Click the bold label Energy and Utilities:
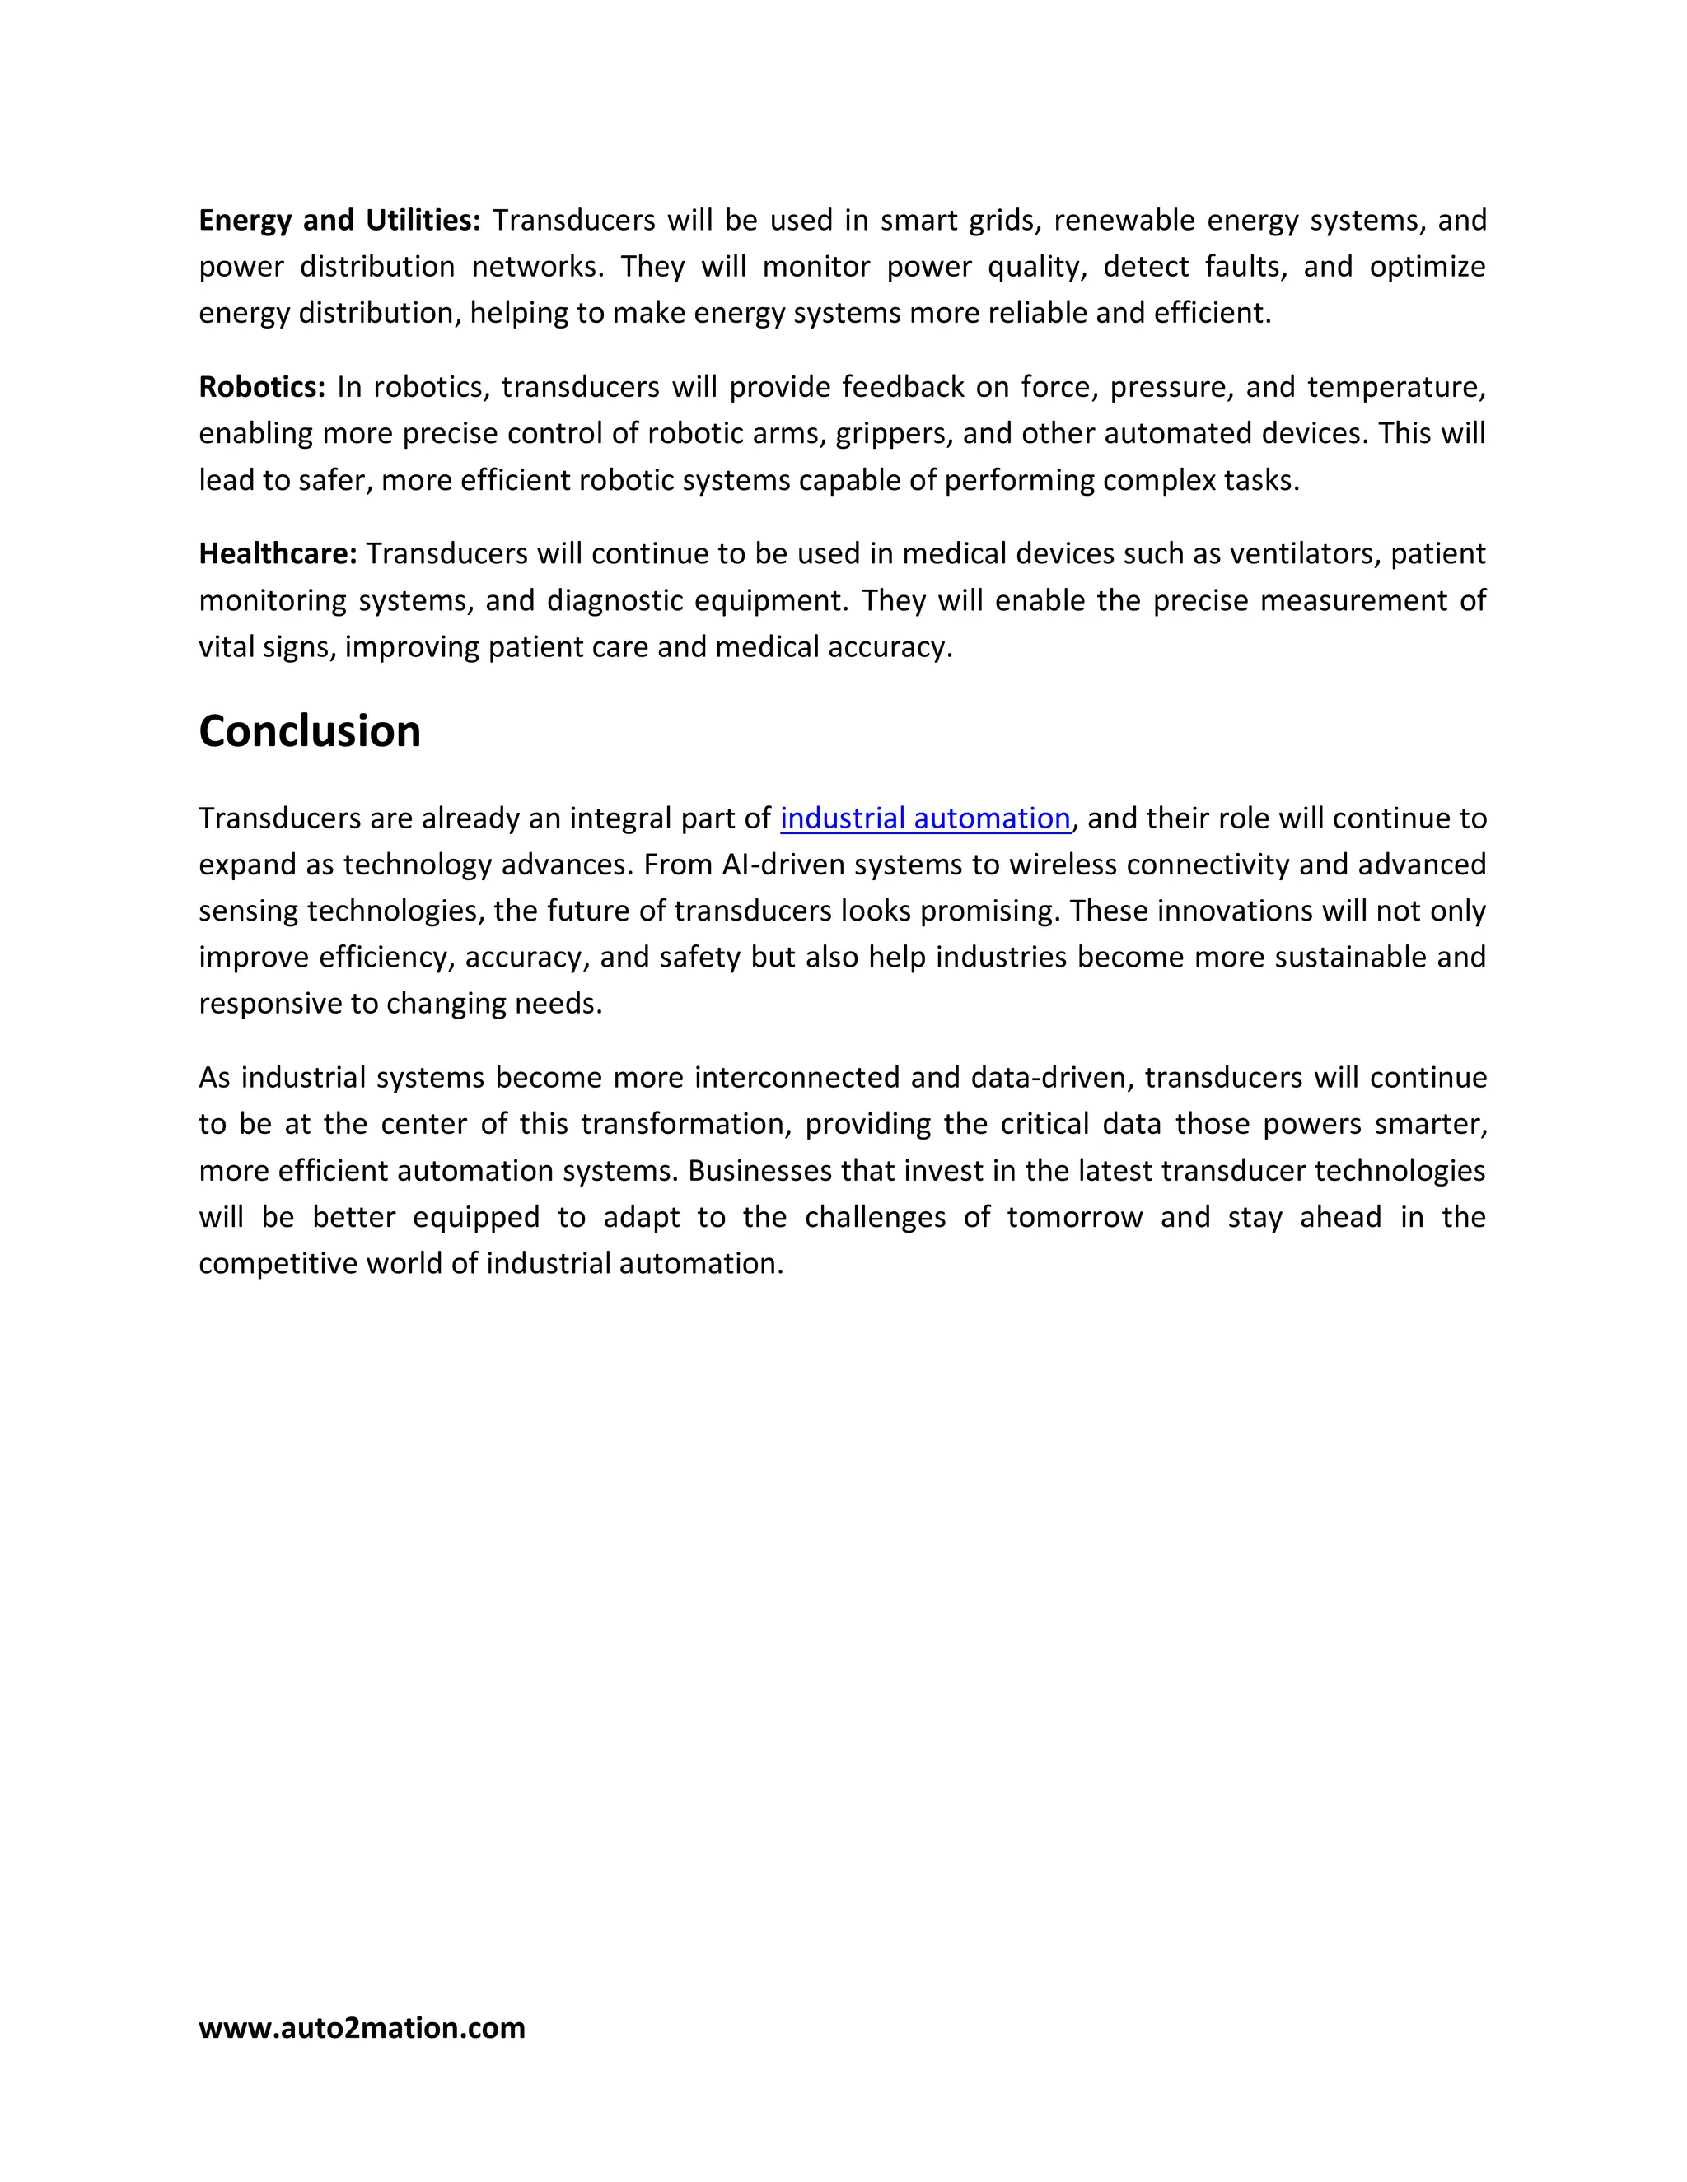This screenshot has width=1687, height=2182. coord(340,220)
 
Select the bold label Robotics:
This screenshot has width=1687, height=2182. coord(262,387)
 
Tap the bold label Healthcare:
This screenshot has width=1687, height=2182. coord(278,553)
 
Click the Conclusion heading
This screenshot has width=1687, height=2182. coord(310,731)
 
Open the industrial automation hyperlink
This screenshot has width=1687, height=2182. coord(924,818)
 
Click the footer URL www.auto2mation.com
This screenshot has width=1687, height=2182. coord(362,2027)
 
